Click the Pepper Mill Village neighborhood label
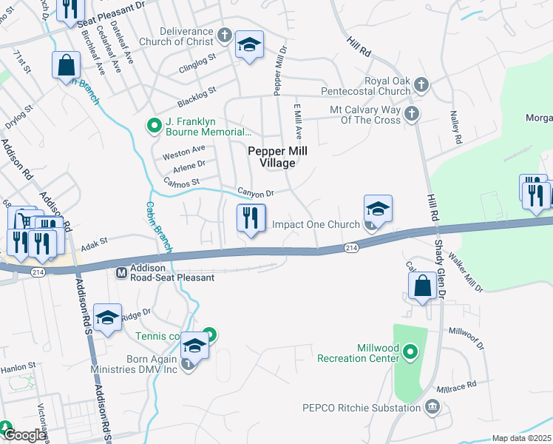[277, 156]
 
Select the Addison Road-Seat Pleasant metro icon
[123, 272]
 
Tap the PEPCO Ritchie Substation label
[362, 407]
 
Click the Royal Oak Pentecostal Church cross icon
[421, 83]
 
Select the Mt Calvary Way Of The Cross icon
[412, 113]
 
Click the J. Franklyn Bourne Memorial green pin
[154, 126]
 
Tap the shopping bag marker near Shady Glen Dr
[421, 286]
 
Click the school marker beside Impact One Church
[376, 209]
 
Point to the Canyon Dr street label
[256, 192]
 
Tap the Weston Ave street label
[183, 150]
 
